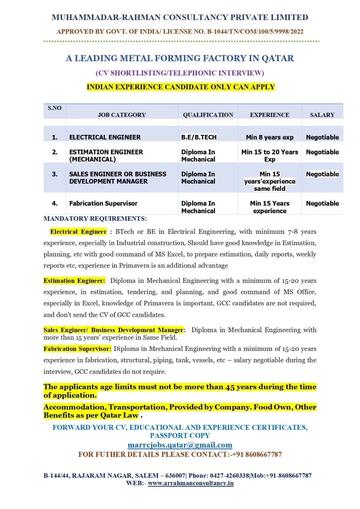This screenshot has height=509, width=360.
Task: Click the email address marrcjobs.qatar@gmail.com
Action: click(x=180, y=445)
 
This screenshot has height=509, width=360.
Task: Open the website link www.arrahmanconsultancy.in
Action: click(x=191, y=483)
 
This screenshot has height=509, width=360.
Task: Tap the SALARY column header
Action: click(x=322, y=115)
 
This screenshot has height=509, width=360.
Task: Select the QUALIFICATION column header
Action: click(x=208, y=115)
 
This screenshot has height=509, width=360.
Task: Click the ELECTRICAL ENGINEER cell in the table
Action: click(x=105, y=137)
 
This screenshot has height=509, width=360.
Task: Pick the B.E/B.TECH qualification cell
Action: click(x=199, y=137)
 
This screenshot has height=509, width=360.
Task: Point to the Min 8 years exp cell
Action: click(x=270, y=137)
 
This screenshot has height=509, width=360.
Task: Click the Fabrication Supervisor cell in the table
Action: click(x=103, y=203)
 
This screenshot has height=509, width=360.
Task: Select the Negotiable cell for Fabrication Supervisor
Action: click(x=322, y=203)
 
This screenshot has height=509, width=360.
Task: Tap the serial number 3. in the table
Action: click(x=55, y=174)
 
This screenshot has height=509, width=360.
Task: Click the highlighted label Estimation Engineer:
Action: click(x=74, y=281)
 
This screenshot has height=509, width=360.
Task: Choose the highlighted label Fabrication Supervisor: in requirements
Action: click(x=77, y=349)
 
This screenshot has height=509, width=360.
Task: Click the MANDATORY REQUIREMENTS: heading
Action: click(x=95, y=219)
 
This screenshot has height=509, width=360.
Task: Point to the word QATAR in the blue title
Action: click(x=278, y=58)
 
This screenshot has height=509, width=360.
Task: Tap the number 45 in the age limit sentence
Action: click(x=230, y=387)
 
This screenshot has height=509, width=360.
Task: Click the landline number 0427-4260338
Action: click(x=229, y=476)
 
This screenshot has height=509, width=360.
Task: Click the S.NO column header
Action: click(x=54, y=108)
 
